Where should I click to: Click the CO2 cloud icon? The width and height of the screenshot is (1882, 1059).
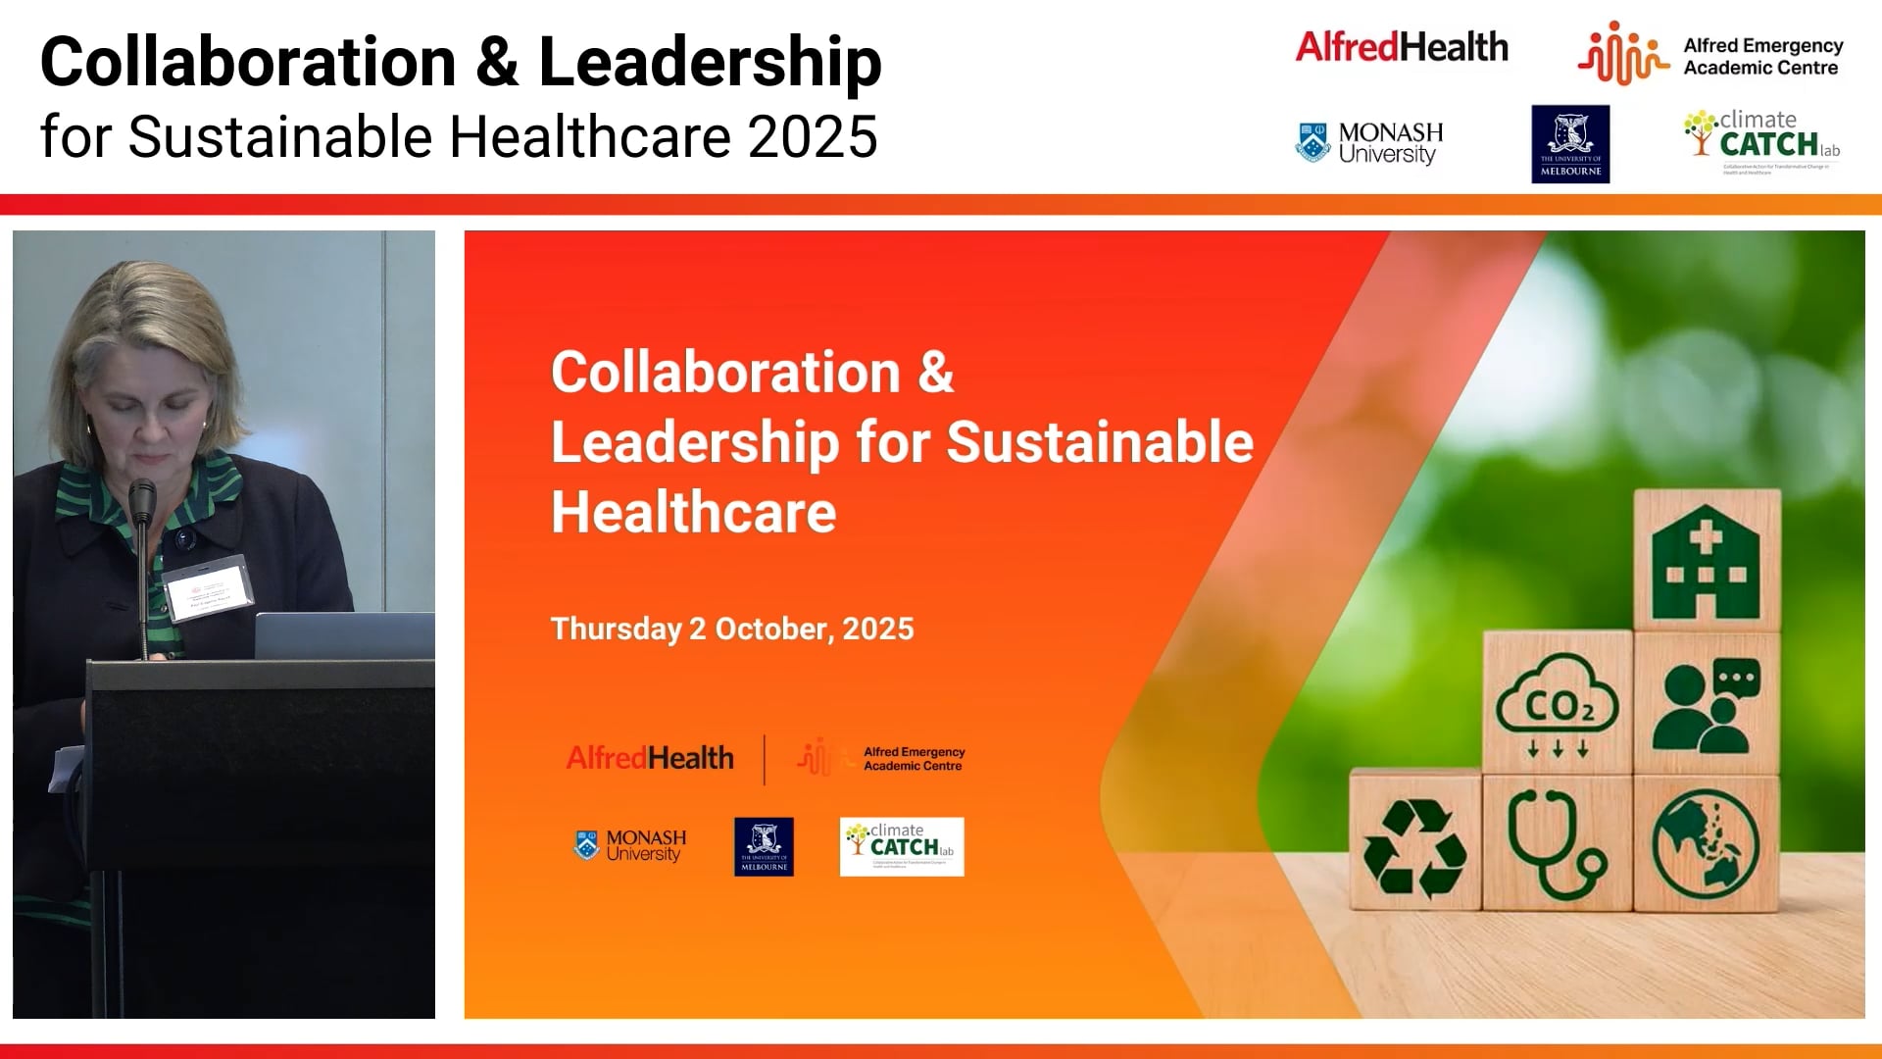[x=1558, y=704]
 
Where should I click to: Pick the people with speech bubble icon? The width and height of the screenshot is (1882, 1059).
[x=1706, y=704]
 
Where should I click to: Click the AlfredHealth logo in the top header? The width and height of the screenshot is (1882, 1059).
[x=1402, y=47]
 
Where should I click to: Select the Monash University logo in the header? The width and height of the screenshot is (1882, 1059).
[x=1369, y=143]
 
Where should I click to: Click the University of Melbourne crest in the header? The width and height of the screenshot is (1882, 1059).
[x=1570, y=144]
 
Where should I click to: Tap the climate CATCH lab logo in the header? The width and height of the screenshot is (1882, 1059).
[x=1762, y=140]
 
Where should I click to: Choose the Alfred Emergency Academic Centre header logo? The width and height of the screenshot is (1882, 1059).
[x=1710, y=56]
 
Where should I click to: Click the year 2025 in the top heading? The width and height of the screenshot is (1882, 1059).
[x=813, y=136]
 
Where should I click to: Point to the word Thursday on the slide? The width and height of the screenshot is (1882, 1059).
[x=616, y=629]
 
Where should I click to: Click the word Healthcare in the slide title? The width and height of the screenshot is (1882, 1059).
[x=693, y=512]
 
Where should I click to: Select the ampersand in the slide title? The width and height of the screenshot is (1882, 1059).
[x=936, y=373]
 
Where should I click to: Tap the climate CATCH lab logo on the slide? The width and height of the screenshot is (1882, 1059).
[x=902, y=846]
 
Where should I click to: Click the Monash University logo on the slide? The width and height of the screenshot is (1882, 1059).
[x=630, y=845]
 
